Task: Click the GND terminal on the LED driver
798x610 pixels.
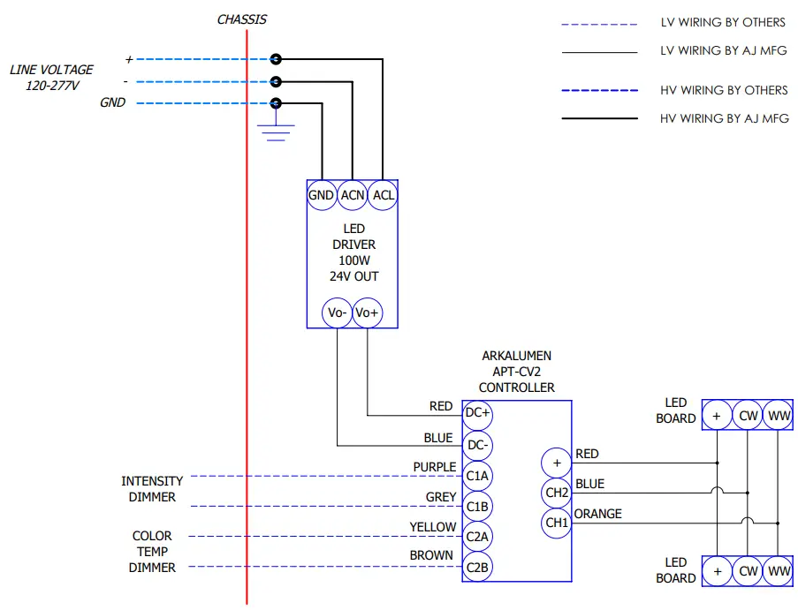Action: pyautogui.click(x=321, y=195)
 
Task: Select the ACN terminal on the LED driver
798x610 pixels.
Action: pyautogui.click(x=353, y=195)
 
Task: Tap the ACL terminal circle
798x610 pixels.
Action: pyautogui.click(x=384, y=195)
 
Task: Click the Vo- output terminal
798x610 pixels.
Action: pyautogui.click(x=337, y=313)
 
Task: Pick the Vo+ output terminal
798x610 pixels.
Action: pyautogui.click(x=368, y=313)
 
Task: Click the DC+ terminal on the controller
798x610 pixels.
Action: pyautogui.click(x=477, y=413)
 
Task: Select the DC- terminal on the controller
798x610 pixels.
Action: pyautogui.click(x=477, y=445)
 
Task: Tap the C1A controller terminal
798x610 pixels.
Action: pyautogui.click(x=477, y=476)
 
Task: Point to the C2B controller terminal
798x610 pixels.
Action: pyautogui.click(x=477, y=567)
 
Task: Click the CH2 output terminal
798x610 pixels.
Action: pyautogui.click(x=556, y=493)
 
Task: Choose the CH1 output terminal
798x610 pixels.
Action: pyautogui.click(x=556, y=523)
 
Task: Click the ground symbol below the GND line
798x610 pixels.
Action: pyautogui.click(x=277, y=132)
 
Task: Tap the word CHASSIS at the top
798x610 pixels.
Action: pyautogui.click(x=241, y=19)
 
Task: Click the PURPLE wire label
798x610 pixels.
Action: pyautogui.click(x=435, y=467)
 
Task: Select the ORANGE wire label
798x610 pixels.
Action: pyautogui.click(x=598, y=514)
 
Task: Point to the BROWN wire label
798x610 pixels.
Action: pyautogui.click(x=431, y=556)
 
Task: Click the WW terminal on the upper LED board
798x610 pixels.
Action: pyautogui.click(x=779, y=415)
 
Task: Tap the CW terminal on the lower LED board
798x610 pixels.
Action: pyautogui.click(x=749, y=570)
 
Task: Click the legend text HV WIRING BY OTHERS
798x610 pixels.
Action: pyautogui.click(x=724, y=90)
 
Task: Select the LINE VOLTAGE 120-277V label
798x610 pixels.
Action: pyautogui.click(x=51, y=78)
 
